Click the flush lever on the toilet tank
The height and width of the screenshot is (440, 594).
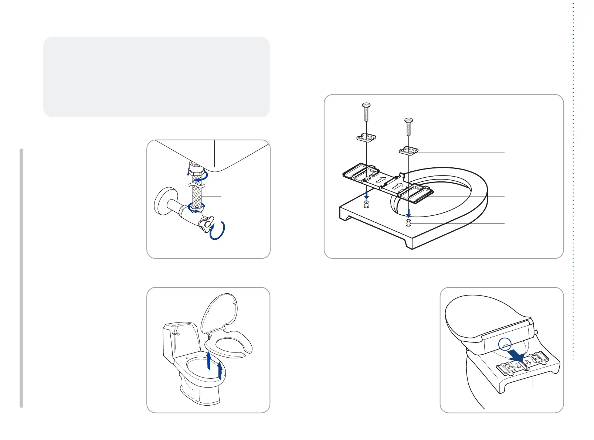click(x=176, y=332)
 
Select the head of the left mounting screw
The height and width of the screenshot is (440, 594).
click(x=366, y=106)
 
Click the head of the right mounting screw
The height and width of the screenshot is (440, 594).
click(x=408, y=120)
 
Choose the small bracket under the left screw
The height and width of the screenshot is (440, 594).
click(x=366, y=138)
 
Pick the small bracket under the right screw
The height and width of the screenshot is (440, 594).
click(x=408, y=150)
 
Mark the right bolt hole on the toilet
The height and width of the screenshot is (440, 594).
click(x=408, y=223)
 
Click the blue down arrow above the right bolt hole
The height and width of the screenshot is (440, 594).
click(x=408, y=212)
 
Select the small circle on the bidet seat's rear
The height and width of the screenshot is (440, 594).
click(x=505, y=344)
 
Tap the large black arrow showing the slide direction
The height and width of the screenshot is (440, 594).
click(x=516, y=356)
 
